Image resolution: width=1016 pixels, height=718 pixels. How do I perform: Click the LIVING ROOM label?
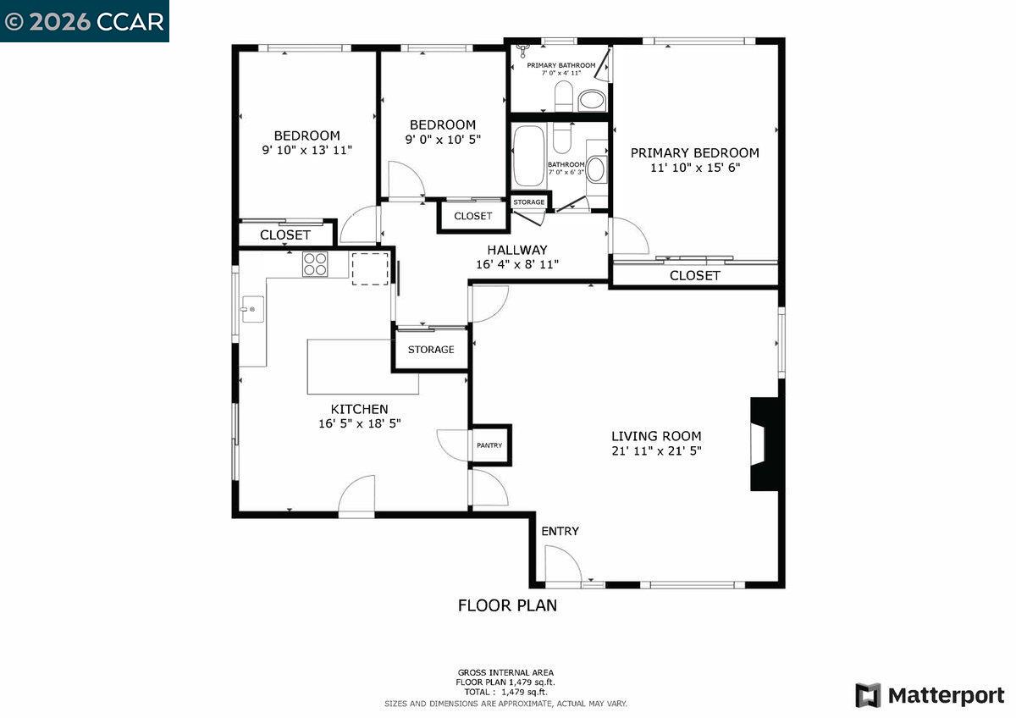[656, 436]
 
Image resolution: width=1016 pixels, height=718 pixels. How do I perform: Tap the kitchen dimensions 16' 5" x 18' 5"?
[359, 423]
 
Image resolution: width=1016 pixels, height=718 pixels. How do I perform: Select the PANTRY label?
[489, 445]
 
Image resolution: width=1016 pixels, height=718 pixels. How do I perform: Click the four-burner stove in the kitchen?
[316, 265]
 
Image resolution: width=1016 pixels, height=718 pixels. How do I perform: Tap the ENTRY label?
[560, 531]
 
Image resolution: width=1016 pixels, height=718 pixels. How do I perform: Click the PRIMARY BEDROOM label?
[694, 153]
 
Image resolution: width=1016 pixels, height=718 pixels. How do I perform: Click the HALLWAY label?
[516, 250]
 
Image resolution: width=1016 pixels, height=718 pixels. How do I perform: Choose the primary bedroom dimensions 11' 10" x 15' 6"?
[694, 168]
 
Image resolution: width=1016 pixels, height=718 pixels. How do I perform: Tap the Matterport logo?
[930, 696]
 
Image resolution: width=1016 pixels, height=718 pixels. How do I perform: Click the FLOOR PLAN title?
[507, 605]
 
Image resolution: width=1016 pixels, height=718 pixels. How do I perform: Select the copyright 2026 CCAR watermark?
[84, 21]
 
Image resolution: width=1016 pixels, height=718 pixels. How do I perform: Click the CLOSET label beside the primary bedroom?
[694, 275]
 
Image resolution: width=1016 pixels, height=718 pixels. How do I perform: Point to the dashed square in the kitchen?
[370, 268]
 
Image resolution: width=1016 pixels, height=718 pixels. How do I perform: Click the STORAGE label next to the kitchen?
[431, 350]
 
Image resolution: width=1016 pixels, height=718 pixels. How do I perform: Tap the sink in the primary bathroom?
[592, 102]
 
